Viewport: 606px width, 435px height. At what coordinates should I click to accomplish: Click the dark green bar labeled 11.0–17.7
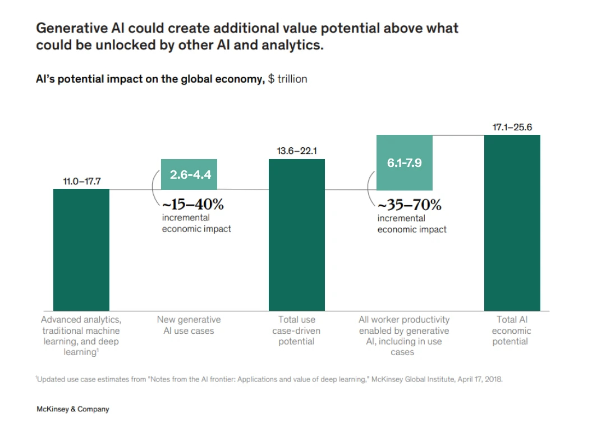[x=81, y=250]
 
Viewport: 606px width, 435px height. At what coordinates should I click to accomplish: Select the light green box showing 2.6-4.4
[x=189, y=174]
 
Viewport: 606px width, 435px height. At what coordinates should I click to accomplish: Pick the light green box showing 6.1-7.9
[x=404, y=162]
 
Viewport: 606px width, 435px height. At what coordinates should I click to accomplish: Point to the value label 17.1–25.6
[x=512, y=127]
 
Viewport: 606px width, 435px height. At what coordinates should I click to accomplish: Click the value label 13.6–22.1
[x=297, y=151]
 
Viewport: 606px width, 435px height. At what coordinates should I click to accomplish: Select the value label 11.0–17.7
[x=81, y=181]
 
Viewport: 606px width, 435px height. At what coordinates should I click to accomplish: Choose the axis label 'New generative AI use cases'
[x=189, y=325]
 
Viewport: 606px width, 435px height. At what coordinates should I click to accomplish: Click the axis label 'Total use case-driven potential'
[x=297, y=330]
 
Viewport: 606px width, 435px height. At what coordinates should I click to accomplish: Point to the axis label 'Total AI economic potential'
[x=511, y=330]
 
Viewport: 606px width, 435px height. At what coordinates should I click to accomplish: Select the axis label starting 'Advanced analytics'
[x=81, y=336]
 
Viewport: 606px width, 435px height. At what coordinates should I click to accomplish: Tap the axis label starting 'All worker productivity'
[x=404, y=336]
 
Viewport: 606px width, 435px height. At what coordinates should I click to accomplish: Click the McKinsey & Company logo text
[x=73, y=409]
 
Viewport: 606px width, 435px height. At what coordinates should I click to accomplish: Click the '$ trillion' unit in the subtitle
[x=287, y=79]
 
